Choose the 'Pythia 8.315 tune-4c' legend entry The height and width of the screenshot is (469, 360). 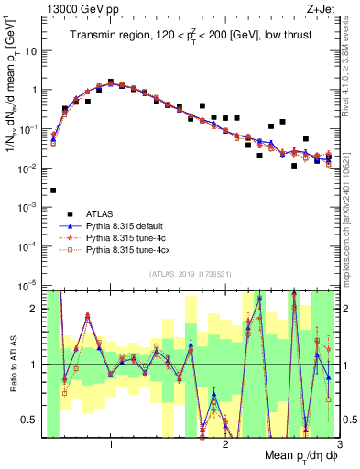point(125,238)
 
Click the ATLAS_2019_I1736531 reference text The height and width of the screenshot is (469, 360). point(190,274)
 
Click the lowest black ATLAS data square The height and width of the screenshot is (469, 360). point(53,191)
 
